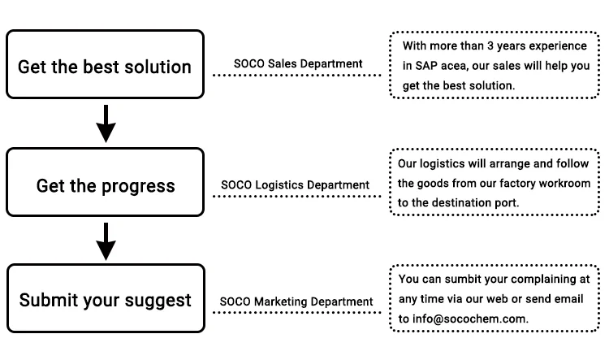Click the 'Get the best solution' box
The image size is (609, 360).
105,66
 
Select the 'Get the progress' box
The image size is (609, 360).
105,185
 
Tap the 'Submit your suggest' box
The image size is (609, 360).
105,300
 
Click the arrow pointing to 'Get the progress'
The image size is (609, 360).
106,124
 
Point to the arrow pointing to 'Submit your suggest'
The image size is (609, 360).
106,242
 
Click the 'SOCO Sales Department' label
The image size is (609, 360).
298,63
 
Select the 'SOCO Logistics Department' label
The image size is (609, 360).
296,185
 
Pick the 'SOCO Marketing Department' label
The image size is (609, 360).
296,301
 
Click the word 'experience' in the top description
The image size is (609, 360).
559,46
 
